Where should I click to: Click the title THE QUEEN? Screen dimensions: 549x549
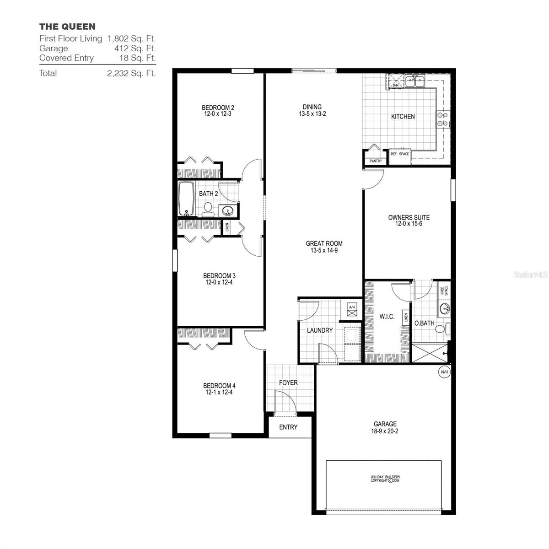click(67, 27)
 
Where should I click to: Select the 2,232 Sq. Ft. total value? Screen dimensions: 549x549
click(131, 73)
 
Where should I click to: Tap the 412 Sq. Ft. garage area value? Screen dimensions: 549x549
click(135, 48)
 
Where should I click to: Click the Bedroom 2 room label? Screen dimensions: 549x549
click(218, 108)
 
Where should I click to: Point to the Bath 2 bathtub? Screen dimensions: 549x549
click(186, 199)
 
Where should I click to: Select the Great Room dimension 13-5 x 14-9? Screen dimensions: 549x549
click(324, 250)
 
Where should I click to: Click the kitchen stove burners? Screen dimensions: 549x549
click(442, 119)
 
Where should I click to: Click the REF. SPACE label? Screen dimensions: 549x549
click(400, 154)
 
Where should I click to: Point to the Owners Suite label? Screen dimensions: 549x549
click(409, 218)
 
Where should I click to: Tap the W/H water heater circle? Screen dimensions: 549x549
click(444, 372)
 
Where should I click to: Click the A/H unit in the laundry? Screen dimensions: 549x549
click(352, 307)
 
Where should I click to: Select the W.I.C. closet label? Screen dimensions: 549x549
click(387, 317)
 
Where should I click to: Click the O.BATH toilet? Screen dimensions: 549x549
click(441, 328)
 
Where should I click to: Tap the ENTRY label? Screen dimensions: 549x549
click(288, 427)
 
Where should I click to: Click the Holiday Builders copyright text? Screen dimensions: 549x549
click(385, 479)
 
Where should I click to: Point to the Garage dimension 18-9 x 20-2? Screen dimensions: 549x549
click(385, 431)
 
